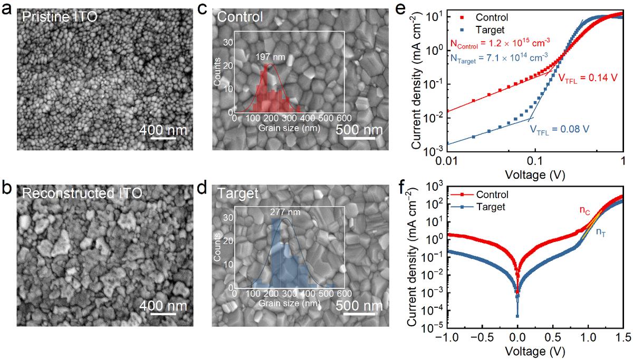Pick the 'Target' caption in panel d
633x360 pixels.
tap(238, 193)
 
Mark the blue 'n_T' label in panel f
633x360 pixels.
tap(600, 230)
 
